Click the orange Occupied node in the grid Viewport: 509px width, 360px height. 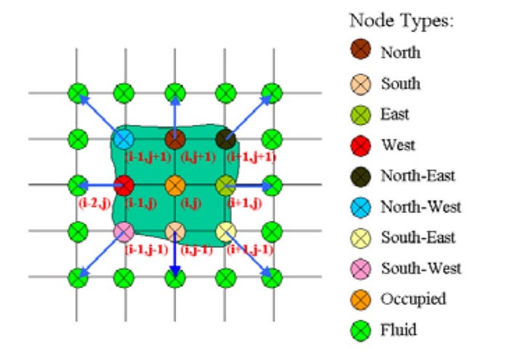click(174, 185)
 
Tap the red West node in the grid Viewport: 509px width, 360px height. click(124, 185)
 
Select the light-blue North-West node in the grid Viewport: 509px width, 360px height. click(124, 138)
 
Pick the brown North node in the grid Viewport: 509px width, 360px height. click(174, 138)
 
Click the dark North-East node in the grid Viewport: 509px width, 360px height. click(225, 138)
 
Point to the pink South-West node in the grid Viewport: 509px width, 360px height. click(124, 233)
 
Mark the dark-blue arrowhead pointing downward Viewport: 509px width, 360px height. click(175, 273)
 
